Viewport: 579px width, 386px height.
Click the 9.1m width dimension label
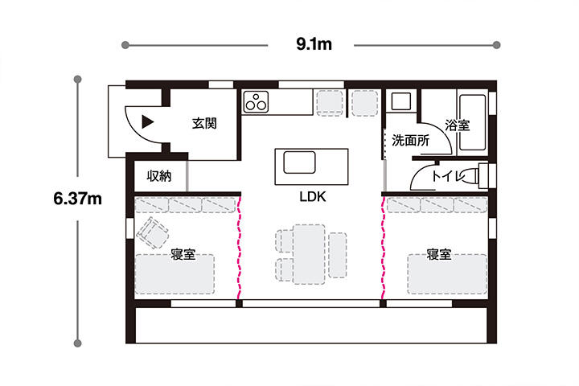click(x=314, y=45)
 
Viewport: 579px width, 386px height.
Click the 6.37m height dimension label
click(x=77, y=199)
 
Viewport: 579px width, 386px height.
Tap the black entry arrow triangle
click(x=147, y=122)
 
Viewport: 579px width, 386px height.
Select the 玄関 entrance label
click(x=204, y=123)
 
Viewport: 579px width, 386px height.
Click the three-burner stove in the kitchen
click(x=256, y=101)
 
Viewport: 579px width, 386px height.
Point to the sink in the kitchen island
click(x=299, y=162)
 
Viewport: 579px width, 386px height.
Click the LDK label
click(x=312, y=197)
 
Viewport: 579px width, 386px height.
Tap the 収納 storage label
click(x=159, y=176)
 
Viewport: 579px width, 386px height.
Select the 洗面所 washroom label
click(x=411, y=141)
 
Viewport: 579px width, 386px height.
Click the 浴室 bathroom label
click(x=457, y=125)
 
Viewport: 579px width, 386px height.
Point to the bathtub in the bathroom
click(x=472, y=122)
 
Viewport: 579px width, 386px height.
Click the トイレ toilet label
click(x=449, y=176)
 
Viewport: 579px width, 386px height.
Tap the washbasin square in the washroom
click(x=400, y=101)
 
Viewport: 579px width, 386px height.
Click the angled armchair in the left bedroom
click(x=153, y=232)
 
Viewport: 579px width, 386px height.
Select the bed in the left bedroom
click(x=175, y=273)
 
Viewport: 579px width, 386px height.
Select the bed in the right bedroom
click(x=447, y=273)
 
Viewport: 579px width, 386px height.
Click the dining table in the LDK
click(x=309, y=254)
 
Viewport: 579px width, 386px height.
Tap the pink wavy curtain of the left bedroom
click(x=240, y=248)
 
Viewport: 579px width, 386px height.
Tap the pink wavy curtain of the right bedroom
click(x=384, y=248)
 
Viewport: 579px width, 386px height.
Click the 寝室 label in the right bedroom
click(x=439, y=254)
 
